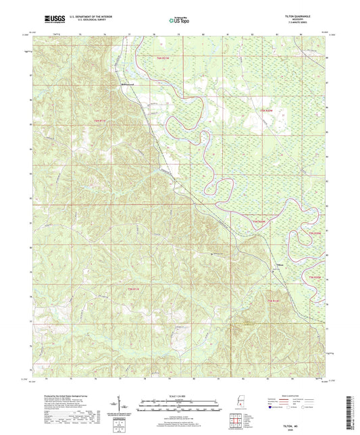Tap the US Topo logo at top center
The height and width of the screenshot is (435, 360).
pyautogui.click(x=179, y=20)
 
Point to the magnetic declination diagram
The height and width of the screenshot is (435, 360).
pyautogui.click(x=126, y=405)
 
